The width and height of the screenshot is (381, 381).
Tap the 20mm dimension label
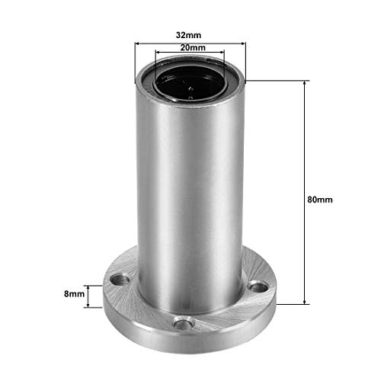click(x=190, y=47)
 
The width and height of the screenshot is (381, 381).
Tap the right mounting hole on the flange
click(x=258, y=287)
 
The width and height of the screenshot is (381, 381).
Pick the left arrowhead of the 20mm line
click(x=158, y=53)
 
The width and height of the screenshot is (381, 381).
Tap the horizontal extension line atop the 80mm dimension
click(x=282, y=78)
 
